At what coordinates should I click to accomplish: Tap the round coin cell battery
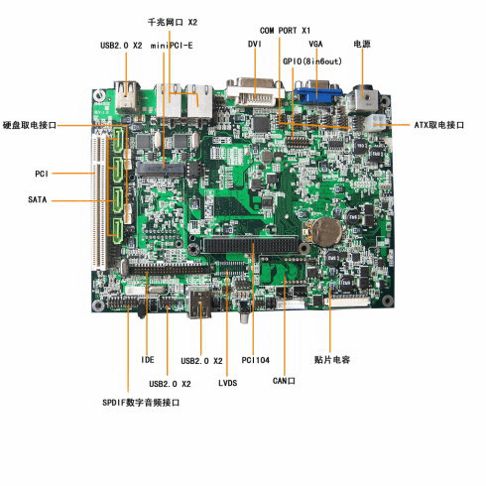327,231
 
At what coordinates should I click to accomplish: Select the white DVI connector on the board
255,92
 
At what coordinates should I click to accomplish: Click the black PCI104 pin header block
251,245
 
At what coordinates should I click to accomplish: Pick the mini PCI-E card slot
160,169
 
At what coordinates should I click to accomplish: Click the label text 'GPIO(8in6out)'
312,61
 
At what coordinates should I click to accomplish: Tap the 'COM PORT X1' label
285,31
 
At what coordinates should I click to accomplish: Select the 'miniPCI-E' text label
172,46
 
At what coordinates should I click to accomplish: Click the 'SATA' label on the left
38,199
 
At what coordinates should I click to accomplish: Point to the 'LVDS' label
228,383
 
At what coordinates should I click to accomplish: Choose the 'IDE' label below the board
148,360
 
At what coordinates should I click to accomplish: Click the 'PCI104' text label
255,360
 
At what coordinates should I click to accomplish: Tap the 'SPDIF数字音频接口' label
141,403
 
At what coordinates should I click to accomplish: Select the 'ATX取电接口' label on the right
439,125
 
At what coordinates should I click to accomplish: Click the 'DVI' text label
255,44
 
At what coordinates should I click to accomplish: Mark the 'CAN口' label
284,381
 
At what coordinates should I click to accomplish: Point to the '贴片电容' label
332,360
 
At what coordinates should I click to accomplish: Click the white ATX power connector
376,122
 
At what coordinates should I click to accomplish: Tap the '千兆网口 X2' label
173,22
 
